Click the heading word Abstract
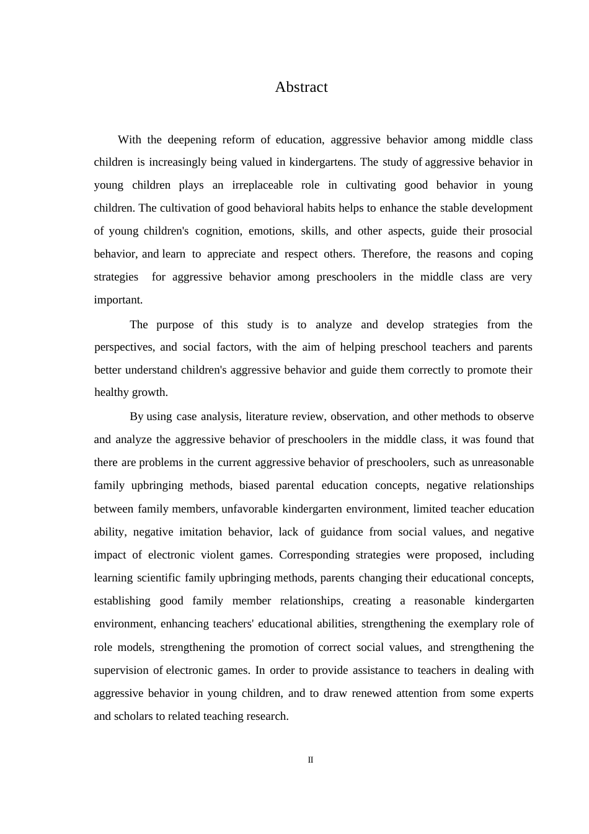coord(301,87)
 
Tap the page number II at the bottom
coord(311,760)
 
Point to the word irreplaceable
coord(263,185)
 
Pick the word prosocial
coord(511,231)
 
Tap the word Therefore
coord(385,254)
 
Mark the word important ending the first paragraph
coord(118,300)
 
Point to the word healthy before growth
coord(112,392)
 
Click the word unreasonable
coord(503,462)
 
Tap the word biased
coord(254,485)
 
